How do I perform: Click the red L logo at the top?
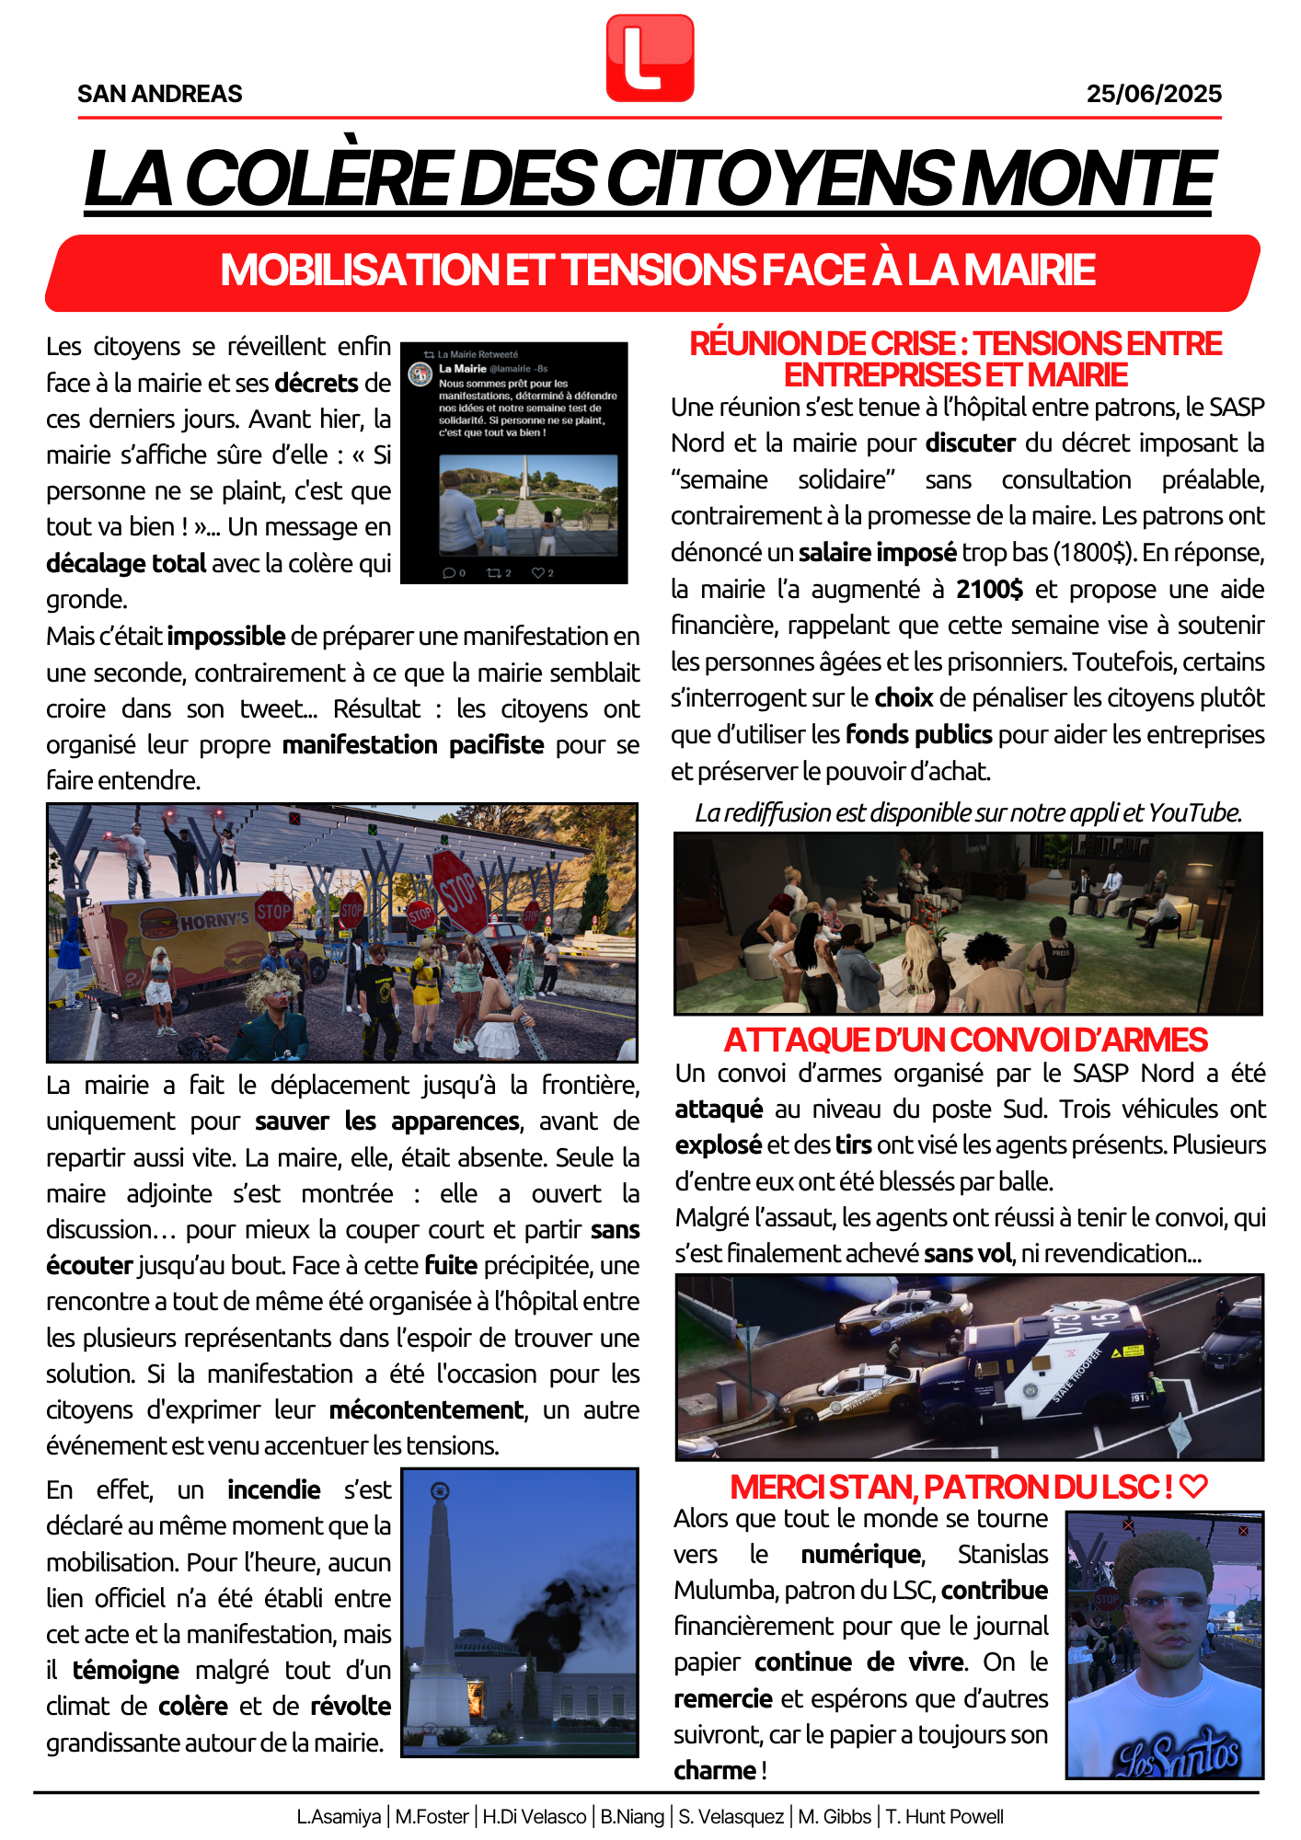650,57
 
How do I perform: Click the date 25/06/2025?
1154,94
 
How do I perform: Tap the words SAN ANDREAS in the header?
160,94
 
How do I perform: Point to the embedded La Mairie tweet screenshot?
514,463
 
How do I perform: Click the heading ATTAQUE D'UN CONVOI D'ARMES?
965,1040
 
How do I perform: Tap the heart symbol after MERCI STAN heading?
1193,1487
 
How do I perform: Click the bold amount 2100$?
989,589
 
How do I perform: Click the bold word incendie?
274,1490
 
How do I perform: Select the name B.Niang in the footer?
632,1817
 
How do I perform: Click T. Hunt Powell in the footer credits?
944,1817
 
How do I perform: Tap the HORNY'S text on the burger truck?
214,920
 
